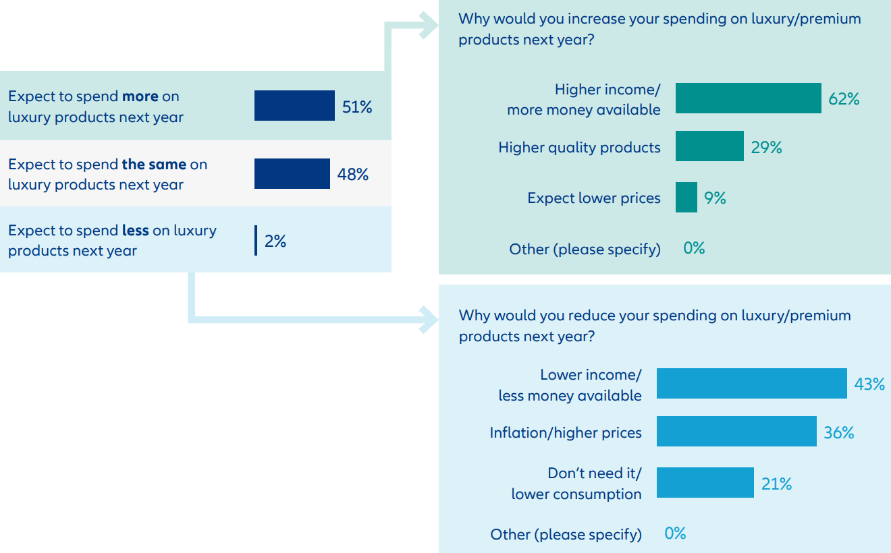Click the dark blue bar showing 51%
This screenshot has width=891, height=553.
coord(294,106)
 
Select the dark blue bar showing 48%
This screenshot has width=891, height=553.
coord(292,174)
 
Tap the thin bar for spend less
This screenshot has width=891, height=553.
coord(256,241)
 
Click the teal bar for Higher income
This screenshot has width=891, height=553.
coord(748,98)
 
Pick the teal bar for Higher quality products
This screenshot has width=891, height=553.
coord(709,146)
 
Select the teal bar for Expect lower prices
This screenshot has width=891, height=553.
coord(686,198)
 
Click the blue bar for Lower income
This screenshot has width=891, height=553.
coord(751,384)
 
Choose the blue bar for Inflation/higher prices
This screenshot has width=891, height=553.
coord(736,432)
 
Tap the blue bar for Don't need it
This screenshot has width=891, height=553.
coord(705,483)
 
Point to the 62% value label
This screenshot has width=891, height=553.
coord(844,99)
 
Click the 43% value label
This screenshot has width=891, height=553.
coord(869,384)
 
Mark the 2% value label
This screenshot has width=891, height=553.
coord(275,241)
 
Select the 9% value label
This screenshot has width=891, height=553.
coord(715,198)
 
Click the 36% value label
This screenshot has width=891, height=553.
coord(839,433)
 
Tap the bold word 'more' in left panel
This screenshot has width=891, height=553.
coord(140,96)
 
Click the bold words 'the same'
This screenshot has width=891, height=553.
coord(154,165)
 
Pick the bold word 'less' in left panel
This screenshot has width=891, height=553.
coord(135,231)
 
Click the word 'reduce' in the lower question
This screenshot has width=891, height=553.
coord(591,316)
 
